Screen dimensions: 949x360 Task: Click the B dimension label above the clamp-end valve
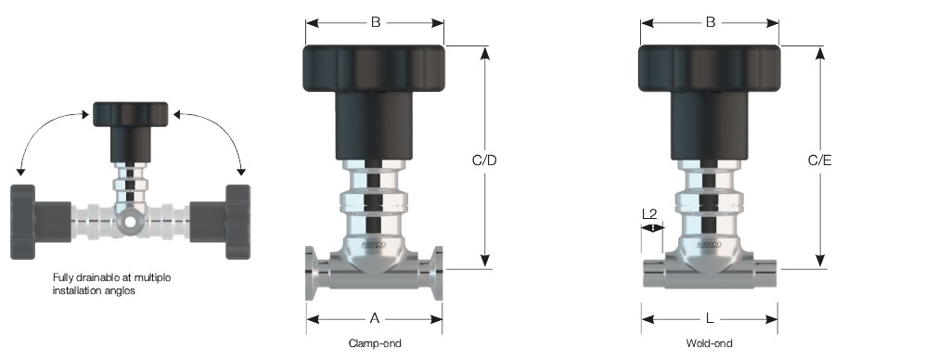point(376,22)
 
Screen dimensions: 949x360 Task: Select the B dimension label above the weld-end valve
point(711,22)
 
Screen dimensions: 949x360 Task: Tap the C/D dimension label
point(484,161)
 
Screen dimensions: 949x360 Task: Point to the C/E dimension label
point(820,161)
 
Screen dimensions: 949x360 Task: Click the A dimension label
point(375,318)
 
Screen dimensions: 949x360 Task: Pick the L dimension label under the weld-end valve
point(710,318)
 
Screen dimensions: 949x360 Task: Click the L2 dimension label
point(648,213)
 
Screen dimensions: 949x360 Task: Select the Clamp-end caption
point(375,343)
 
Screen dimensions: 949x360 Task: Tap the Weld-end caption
point(710,343)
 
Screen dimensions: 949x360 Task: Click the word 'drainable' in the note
point(93,277)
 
